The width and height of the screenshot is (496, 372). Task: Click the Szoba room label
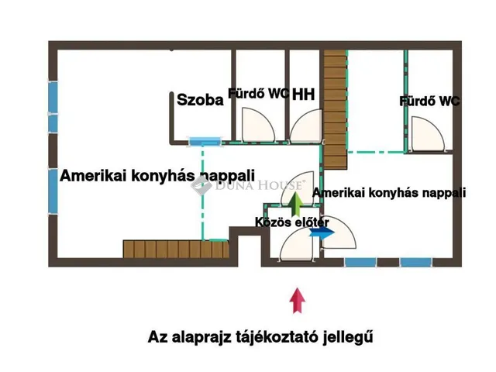[x=200, y=99]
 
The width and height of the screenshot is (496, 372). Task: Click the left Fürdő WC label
[x=258, y=94]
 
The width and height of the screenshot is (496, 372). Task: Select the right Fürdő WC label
[x=429, y=101]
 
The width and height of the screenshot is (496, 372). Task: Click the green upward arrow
[x=295, y=203]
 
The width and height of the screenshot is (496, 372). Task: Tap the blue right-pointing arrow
[x=319, y=230]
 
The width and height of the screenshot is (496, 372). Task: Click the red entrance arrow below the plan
[x=295, y=300]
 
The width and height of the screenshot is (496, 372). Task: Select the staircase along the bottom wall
[x=177, y=250]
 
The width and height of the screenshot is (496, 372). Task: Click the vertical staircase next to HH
[x=336, y=108]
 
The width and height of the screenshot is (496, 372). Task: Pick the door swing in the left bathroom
[x=253, y=126]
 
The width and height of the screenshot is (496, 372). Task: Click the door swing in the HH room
[x=307, y=127]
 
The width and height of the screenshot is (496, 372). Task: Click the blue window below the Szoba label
[x=205, y=141]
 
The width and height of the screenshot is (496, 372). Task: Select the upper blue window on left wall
[x=53, y=106]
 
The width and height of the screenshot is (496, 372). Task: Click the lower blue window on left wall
[x=53, y=191]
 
